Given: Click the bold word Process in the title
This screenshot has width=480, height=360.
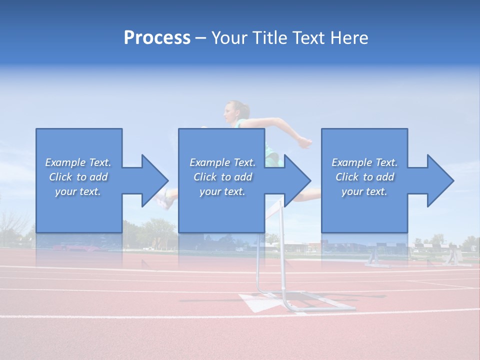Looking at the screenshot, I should coord(157,37).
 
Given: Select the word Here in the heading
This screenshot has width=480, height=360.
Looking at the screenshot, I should coord(349,37).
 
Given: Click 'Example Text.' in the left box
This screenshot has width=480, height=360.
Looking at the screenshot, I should coord(78,162).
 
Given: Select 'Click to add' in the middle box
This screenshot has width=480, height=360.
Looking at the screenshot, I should coord(222,177).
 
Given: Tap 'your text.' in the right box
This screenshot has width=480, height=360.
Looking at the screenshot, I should coord(364,191).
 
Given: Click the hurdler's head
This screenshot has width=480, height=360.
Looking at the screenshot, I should coord(235,111).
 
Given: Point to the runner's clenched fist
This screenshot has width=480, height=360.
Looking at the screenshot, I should coord(304,143).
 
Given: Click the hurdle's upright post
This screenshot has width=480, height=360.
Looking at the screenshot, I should coord(282,250).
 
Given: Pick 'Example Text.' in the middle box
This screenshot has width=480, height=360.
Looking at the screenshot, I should coord(222,162).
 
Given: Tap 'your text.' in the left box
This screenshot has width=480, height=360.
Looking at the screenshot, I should coord(78,191).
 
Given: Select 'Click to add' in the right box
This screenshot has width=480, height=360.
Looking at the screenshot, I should coord(364,177).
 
